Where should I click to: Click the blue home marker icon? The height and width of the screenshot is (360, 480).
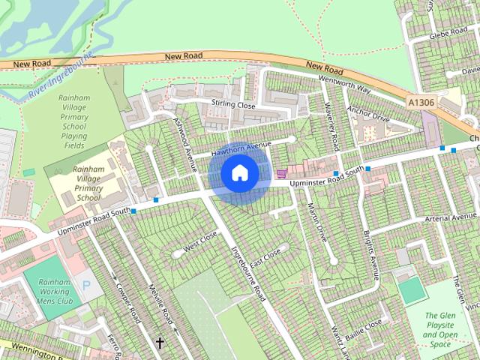click(239, 173)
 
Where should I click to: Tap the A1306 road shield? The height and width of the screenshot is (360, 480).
click(421, 101)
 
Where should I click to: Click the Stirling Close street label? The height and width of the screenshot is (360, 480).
click(233, 106)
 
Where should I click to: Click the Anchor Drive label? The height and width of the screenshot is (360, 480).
click(368, 117)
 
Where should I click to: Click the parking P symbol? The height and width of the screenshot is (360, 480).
click(86, 285)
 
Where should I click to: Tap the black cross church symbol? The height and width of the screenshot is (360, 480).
click(160, 343)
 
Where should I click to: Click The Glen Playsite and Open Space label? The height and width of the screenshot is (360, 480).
click(440, 330)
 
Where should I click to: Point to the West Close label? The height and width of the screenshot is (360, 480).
click(199, 241)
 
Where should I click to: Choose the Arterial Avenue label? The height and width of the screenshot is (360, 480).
click(450, 217)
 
